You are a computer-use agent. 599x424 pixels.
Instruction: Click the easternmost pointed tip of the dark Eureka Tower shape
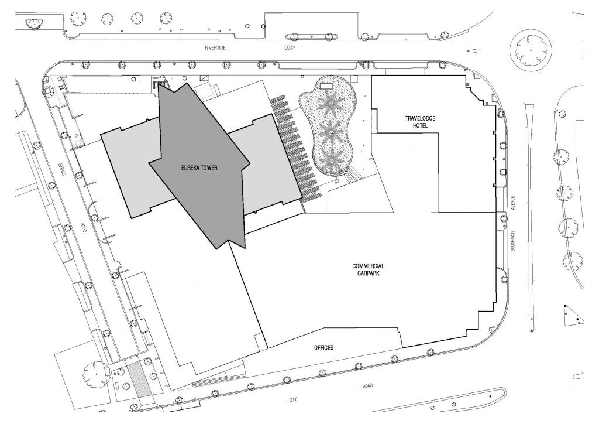coord(250,163)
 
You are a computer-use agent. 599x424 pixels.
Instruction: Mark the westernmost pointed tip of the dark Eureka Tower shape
coord(149,163)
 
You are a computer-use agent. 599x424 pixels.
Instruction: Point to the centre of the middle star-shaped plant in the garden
coord(331,132)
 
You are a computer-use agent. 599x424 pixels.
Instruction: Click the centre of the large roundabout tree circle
coord(531,50)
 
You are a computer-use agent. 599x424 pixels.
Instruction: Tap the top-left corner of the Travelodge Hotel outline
coord(371,76)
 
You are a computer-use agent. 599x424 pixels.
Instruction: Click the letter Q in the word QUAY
coord(286,48)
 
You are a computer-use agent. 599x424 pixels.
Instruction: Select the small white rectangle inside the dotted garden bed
coord(325,86)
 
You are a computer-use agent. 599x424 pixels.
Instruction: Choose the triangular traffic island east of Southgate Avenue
coord(573,315)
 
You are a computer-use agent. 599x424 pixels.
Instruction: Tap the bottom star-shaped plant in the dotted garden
coord(331,159)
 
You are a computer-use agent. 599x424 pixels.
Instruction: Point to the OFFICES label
coord(323,347)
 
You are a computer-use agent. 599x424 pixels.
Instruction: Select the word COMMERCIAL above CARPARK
coord(369,266)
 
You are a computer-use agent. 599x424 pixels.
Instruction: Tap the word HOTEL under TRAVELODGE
coord(420,125)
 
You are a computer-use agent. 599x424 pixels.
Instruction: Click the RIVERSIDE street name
coord(215,48)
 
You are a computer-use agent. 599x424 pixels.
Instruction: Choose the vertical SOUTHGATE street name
coord(513,241)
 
